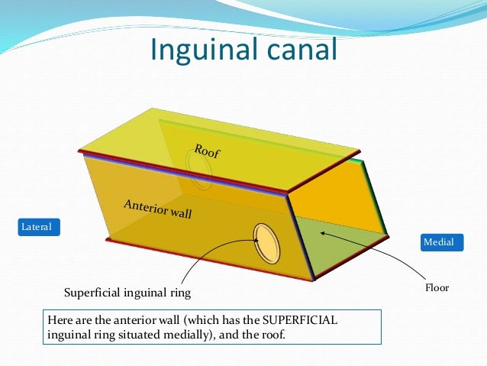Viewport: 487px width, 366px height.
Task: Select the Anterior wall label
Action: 158,209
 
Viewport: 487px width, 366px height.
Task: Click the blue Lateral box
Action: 38,227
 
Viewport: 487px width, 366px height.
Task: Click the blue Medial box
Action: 439,242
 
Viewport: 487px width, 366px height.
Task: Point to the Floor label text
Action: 437,288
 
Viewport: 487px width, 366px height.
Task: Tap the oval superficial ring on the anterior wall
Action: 267,242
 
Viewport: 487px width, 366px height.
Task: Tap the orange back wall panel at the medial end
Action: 343,200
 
